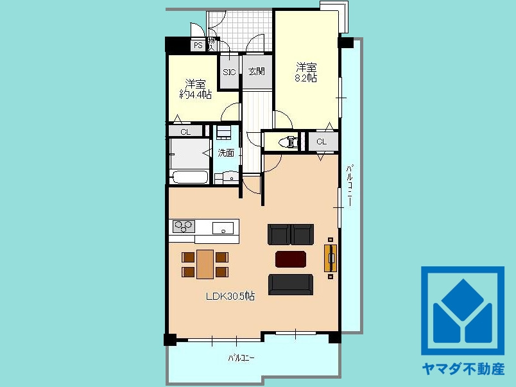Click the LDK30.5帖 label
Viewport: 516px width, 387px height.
point(230,297)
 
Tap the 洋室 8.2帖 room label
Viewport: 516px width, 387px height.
point(306,72)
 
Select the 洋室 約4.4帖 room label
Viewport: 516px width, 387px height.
point(195,89)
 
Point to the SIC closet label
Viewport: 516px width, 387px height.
point(230,72)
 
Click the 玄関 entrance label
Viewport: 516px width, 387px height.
point(257,72)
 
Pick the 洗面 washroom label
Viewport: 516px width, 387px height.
point(225,153)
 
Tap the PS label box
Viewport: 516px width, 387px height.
point(197,46)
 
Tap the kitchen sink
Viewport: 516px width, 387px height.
point(223,227)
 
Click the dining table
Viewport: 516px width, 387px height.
point(205,264)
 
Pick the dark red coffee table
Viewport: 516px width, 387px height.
point(291,259)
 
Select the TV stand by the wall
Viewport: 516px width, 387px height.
point(331,258)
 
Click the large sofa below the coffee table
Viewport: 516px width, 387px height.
point(291,284)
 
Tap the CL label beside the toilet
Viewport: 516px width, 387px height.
point(322,142)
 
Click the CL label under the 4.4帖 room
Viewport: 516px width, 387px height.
point(185,132)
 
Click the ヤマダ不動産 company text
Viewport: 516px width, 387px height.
point(463,369)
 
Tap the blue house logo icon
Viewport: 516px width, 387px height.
point(463,311)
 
